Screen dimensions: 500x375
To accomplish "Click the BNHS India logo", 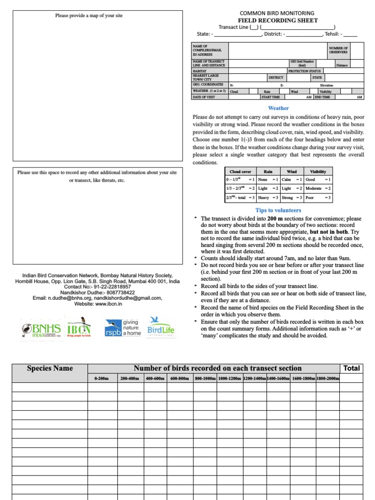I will [41, 330].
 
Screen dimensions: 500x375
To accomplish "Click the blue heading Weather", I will [278, 108].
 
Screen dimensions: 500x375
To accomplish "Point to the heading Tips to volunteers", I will [278, 210].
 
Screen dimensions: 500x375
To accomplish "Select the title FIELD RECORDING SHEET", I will [277, 21].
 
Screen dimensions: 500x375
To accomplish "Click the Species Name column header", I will [50, 368].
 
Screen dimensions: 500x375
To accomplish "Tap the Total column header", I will [352, 368].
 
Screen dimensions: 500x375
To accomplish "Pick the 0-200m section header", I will [102, 378].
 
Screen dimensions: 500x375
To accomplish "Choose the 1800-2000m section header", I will [328, 378].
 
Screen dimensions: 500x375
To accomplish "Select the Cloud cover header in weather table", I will [240, 171].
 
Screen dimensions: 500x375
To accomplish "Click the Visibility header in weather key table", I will [318, 171].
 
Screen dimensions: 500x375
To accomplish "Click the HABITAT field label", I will [200, 71].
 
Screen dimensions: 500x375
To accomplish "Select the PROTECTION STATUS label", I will [305, 71].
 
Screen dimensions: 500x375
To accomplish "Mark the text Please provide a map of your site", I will [89, 16].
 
